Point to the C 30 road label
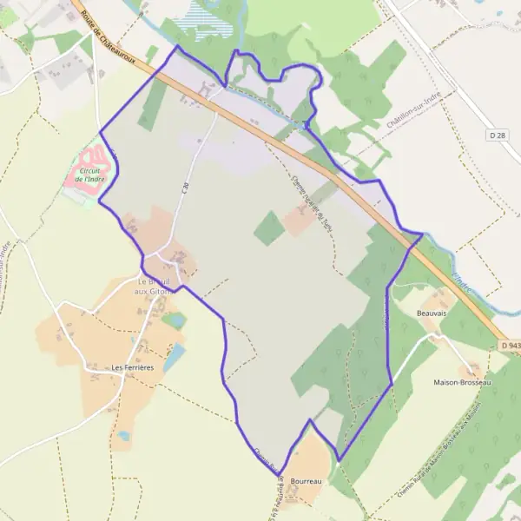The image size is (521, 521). coord(185,185)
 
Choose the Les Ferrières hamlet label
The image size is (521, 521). coord(133,367)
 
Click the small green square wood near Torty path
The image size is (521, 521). coord(269,228)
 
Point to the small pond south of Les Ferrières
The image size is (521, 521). coord(123,435)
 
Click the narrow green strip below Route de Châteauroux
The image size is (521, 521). coord(151,105)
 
